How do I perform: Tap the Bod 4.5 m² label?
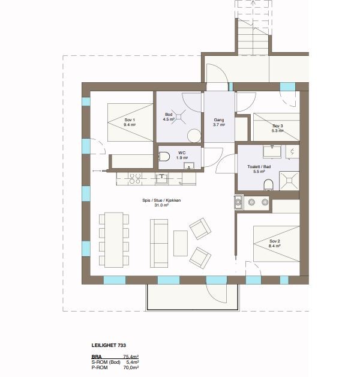coord(169,116)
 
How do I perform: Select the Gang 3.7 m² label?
coord(219,122)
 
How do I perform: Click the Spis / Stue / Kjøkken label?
coord(161,202)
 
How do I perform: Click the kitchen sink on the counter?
coord(162,178)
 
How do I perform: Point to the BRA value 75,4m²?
coord(130,357)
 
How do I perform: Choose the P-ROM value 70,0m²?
coord(130,369)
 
